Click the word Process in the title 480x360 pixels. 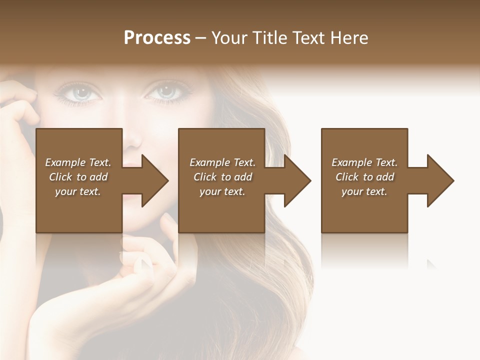pyautogui.click(x=157, y=38)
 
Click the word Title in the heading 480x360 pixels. pyautogui.click(x=269, y=38)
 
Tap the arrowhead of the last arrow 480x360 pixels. pyautogui.click(x=439, y=180)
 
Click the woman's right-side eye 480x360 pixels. pyautogui.click(x=166, y=91)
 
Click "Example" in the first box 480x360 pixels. pyautogui.click(x=65, y=162)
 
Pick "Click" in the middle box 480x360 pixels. pyautogui.click(x=204, y=177)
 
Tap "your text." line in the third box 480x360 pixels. pyautogui.click(x=364, y=191)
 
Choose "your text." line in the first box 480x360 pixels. pyautogui.click(x=78, y=191)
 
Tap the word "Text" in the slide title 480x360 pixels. pyautogui.click(x=309, y=38)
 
